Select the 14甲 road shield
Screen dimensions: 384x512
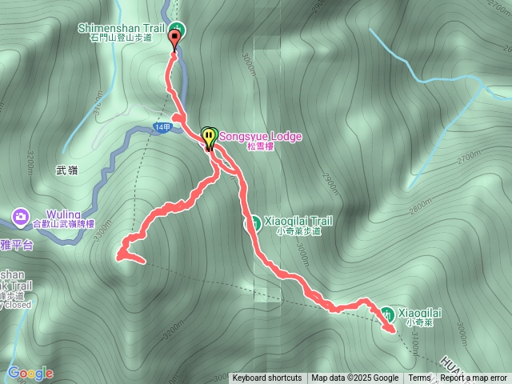162,127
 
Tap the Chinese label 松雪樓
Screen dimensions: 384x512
261,147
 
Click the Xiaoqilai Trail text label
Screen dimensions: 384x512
298,220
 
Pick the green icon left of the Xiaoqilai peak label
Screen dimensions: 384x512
386,313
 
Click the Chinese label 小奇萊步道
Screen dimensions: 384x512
298,231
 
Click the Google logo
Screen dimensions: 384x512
30,373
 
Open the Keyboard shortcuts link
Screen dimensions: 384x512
267,378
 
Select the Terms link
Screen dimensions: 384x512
419,378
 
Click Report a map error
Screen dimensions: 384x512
474,378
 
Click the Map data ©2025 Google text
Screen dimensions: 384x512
355,378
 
